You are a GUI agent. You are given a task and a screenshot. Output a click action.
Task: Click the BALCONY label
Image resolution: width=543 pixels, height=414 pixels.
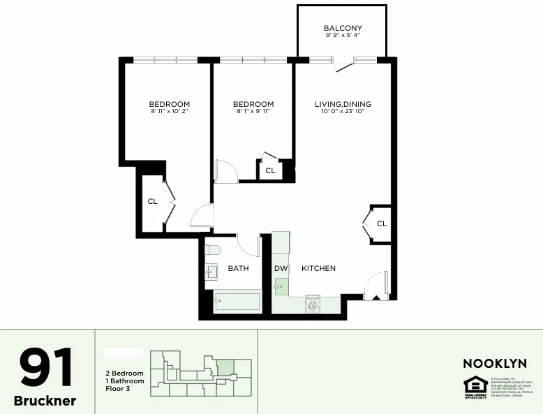(x=342, y=28)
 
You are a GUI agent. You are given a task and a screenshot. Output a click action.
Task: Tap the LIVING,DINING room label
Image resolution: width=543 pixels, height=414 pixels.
(x=343, y=104)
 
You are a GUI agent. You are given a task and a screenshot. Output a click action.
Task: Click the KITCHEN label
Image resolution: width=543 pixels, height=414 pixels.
(x=318, y=268)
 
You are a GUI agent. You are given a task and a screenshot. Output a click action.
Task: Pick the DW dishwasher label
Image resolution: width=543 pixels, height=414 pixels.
(x=281, y=268)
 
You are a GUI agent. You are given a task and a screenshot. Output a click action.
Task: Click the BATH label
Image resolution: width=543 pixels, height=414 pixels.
(x=238, y=268)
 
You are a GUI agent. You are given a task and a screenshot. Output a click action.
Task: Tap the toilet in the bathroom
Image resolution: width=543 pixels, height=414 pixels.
(x=214, y=249)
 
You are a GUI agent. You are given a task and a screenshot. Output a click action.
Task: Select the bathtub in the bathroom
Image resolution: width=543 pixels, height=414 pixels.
(x=237, y=302)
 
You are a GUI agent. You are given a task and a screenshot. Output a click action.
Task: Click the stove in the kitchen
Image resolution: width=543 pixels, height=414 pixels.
(x=312, y=304)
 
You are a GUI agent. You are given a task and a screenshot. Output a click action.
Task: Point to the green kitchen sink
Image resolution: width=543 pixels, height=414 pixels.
(x=281, y=286)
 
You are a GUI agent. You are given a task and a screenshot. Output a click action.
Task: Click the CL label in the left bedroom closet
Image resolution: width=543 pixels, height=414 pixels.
(x=152, y=202)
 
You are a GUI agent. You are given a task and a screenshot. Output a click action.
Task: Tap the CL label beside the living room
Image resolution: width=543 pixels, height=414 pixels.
(x=382, y=224)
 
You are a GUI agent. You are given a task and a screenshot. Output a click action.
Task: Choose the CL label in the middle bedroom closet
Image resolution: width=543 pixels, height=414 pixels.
(x=270, y=170)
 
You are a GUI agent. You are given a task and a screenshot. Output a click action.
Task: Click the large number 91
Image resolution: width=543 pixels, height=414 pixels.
(x=45, y=369)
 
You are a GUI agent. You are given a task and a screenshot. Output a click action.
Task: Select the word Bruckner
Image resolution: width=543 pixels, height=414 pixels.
(x=45, y=401)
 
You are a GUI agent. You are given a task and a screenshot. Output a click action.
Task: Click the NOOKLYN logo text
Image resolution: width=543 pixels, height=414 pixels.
(x=495, y=363)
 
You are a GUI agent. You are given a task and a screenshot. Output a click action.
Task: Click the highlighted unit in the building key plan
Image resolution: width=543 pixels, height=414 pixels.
(x=225, y=368)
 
